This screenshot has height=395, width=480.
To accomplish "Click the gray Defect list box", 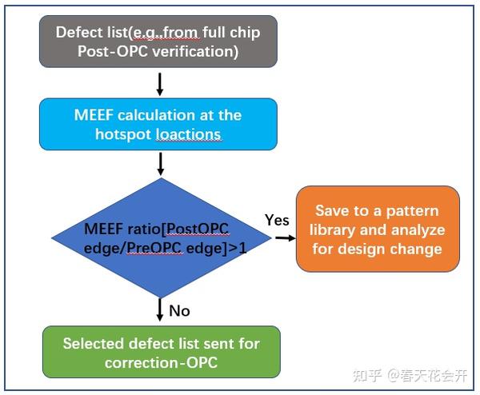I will coord(158,41).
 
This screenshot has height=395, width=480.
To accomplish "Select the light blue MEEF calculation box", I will coord(158,124).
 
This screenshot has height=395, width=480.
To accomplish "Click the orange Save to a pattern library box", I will coord(378,229).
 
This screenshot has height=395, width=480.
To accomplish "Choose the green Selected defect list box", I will coord(161,352).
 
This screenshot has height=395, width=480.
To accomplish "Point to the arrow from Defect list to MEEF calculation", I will coord(160,84).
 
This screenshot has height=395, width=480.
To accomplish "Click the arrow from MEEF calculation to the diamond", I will coord(160,164).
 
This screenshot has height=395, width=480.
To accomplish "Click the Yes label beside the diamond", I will coord(276,220).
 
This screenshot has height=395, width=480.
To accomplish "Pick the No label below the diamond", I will coord(179,310).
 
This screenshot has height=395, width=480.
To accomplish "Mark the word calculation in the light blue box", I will coord(164,114).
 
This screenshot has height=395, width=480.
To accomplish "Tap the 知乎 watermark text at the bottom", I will coord(369,374).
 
